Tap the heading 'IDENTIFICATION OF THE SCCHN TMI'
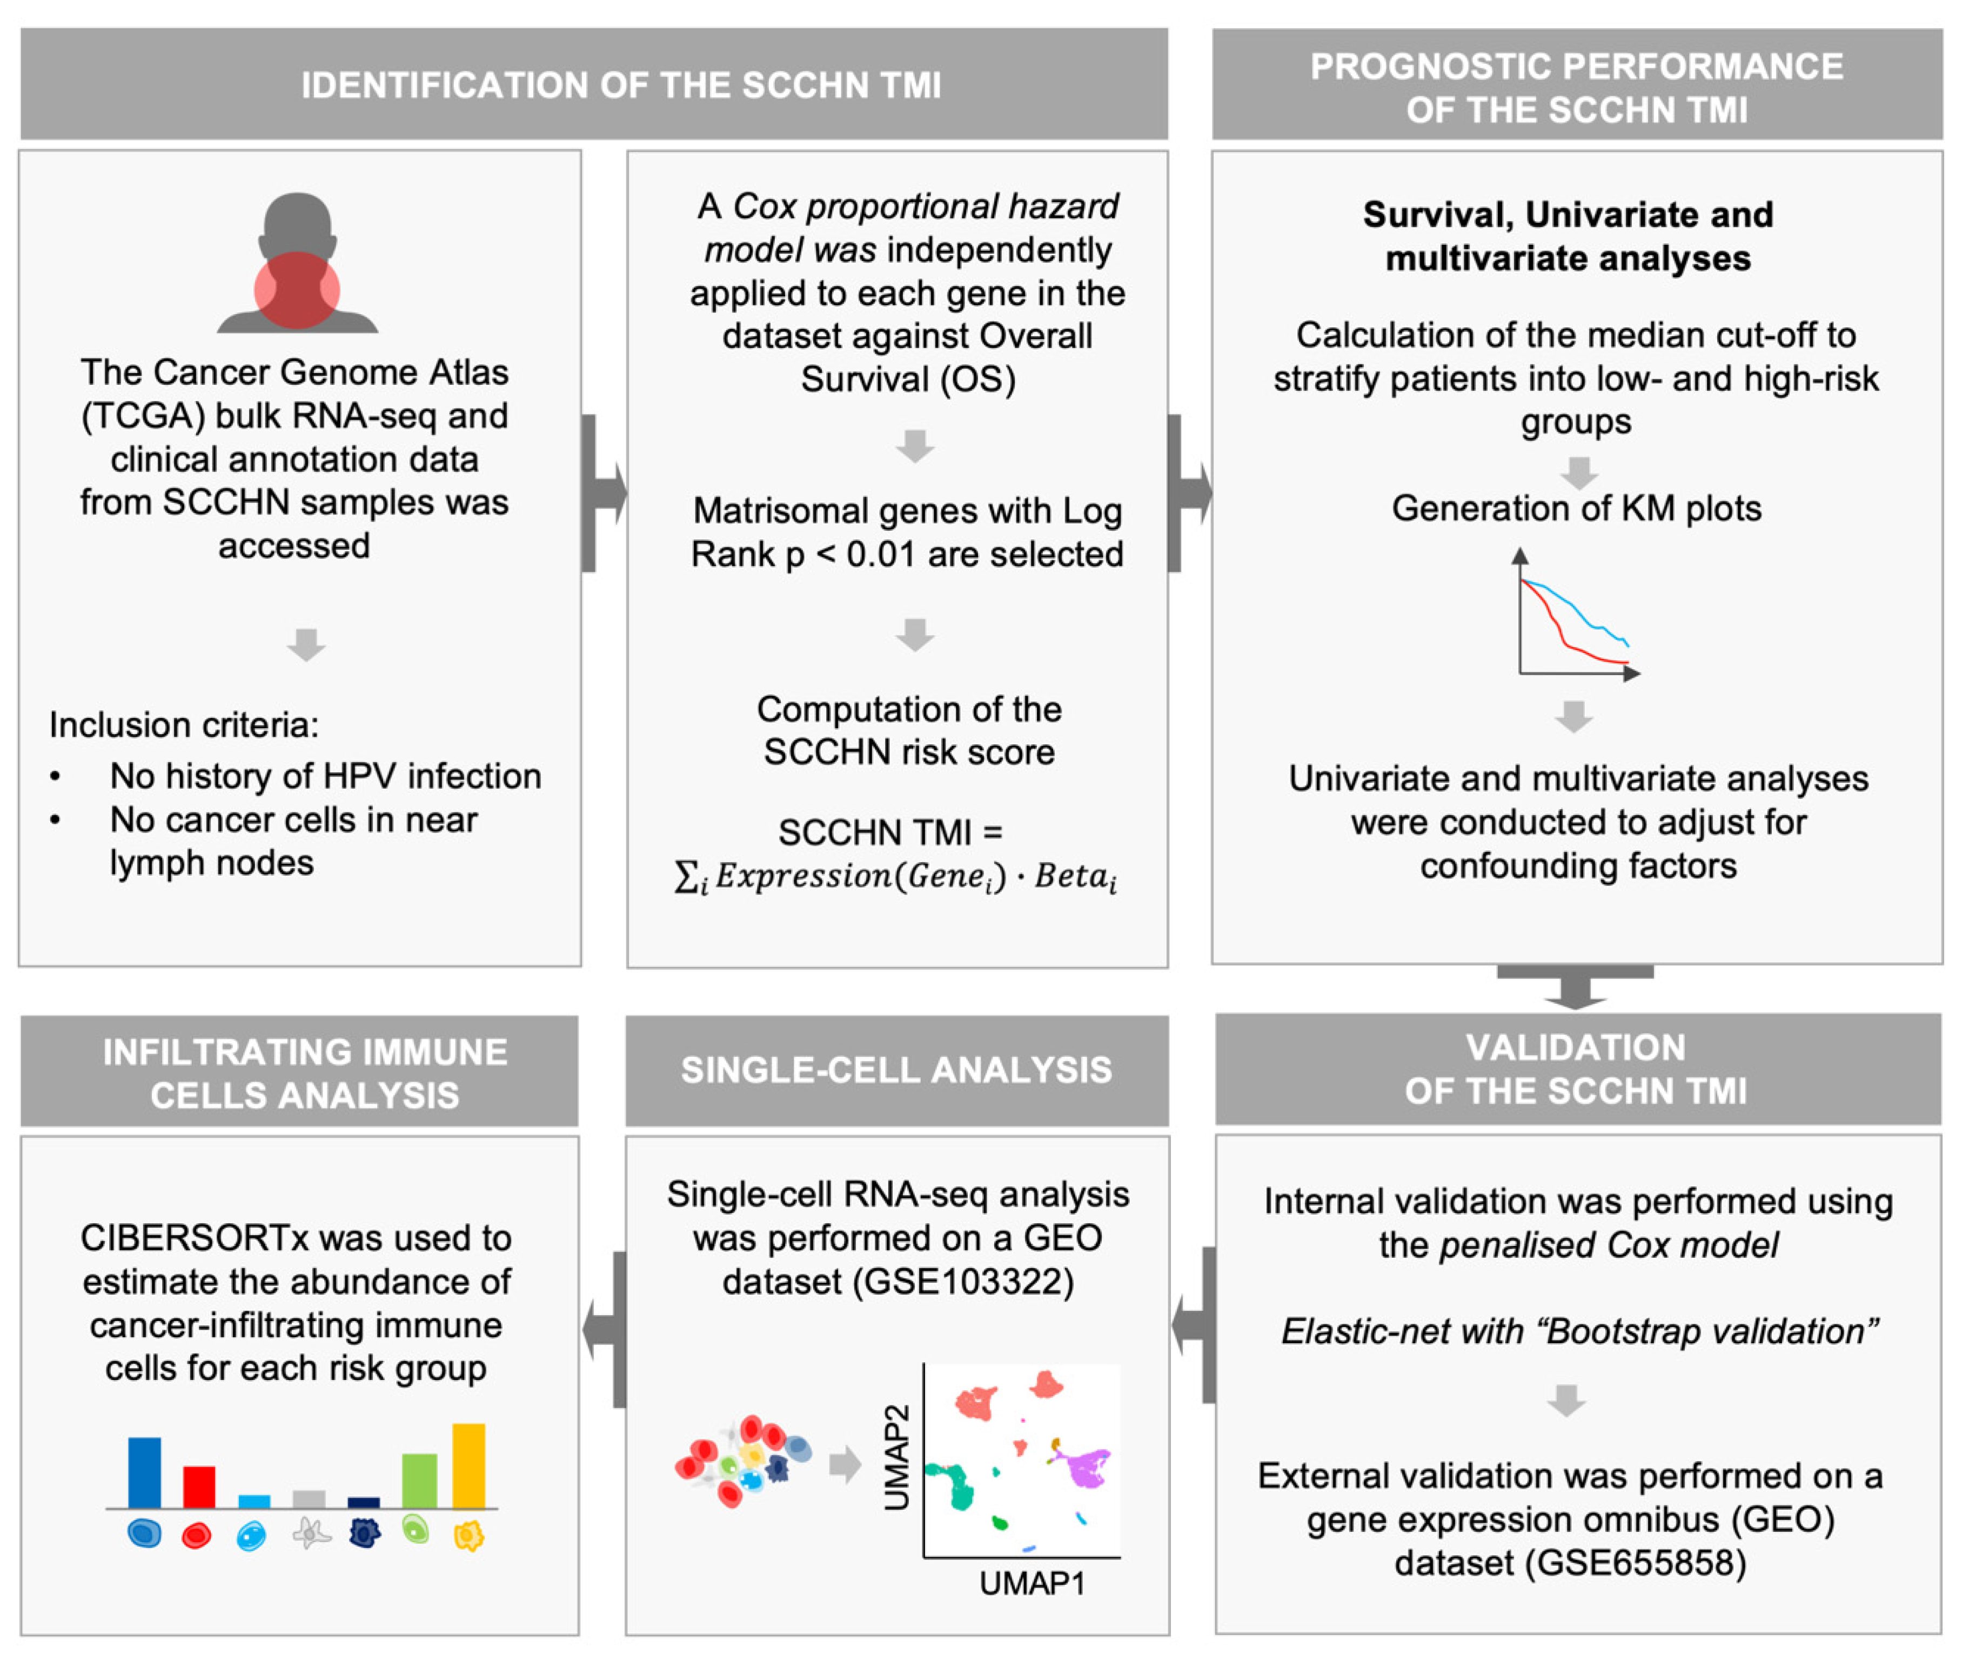(621, 85)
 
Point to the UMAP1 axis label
(1032, 1584)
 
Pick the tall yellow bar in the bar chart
(468, 1465)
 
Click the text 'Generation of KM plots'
(1576, 508)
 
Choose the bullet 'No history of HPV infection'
(325, 776)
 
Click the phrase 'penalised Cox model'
(1609, 1244)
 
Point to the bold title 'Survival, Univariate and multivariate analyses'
(1568, 236)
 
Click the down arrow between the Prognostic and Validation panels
(1575, 988)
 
